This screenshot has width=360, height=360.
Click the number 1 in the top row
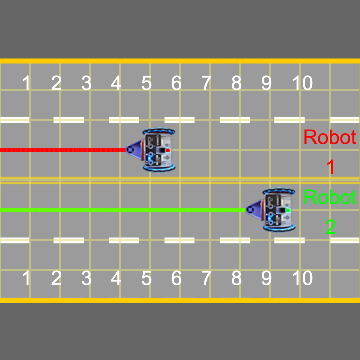coord(27,83)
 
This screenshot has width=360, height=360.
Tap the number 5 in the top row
coord(146,83)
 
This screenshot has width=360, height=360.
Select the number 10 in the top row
coord(301,83)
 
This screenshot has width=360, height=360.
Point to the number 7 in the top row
coord(206,83)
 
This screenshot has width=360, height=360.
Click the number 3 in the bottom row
coord(86,277)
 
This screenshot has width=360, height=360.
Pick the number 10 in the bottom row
coord(301,277)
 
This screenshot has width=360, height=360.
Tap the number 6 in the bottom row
coord(176,277)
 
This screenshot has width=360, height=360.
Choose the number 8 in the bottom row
coord(236,277)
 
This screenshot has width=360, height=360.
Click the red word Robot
coord(329,137)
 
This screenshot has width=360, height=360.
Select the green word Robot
coord(329,197)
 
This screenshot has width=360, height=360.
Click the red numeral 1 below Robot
coord(330,167)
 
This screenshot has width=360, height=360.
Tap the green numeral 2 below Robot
coord(330,227)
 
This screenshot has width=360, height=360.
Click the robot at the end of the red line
coord(157,150)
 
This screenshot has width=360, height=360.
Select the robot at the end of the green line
coord(277,210)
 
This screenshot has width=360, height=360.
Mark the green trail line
coord(120,210)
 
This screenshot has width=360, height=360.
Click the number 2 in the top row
coord(56,83)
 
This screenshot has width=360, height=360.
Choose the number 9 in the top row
coord(266,83)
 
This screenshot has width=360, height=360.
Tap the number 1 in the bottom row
coord(27,277)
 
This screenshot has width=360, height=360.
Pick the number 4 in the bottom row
coord(116,277)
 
